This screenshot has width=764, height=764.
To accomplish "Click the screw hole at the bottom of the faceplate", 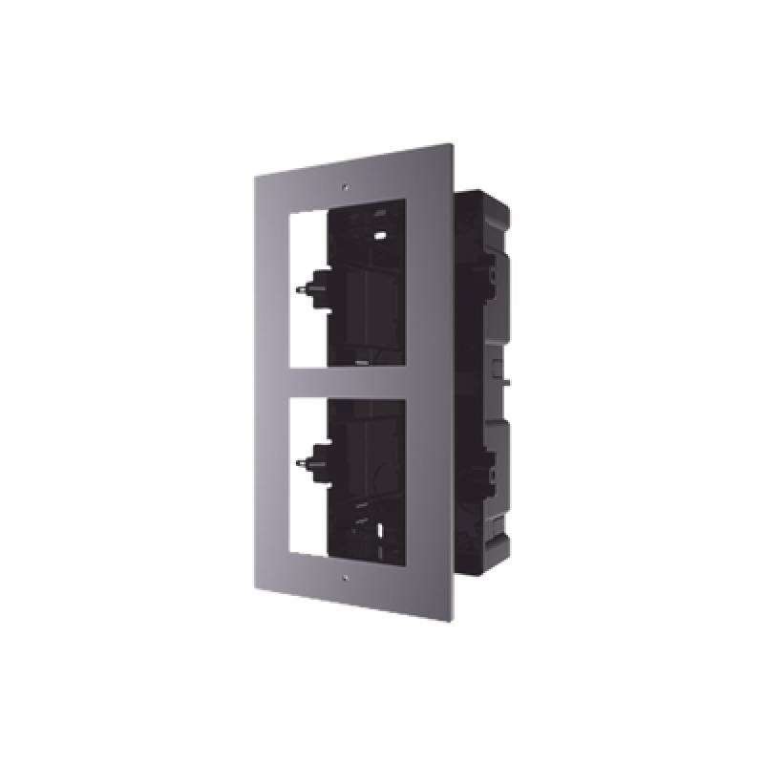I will [x=342, y=578].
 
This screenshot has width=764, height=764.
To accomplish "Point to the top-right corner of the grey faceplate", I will [x=453, y=143].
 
